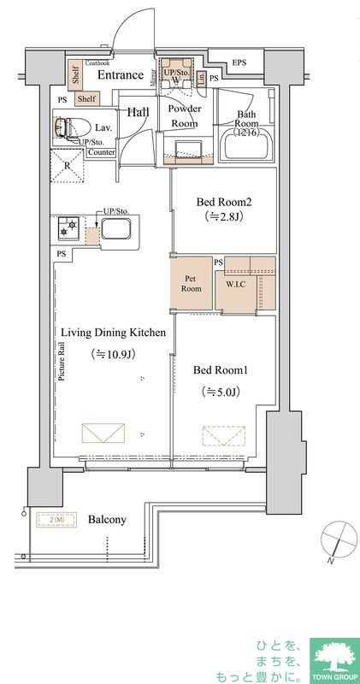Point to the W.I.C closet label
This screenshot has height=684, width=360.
coord(237,285)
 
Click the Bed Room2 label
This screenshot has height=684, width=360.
coord(224,203)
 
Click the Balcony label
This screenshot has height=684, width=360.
coord(108,519)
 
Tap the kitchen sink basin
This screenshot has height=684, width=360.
coord(115,230)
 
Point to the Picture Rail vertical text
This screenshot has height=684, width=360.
coord(62,363)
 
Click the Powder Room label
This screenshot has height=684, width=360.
coord(184,116)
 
